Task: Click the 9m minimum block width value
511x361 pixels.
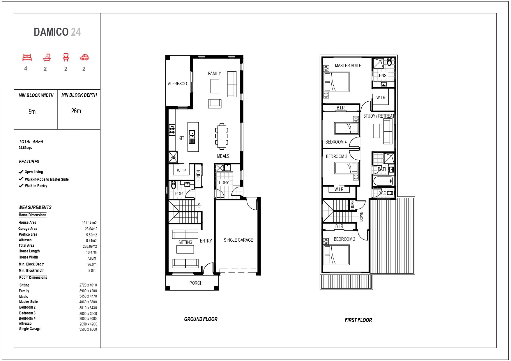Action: (x=32, y=112)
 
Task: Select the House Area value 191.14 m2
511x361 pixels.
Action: (x=89, y=223)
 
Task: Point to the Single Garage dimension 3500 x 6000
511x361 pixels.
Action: (x=88, y=329)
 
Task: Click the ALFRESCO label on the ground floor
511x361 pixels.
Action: (x=177, y=84)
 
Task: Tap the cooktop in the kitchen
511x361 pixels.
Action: (x=172, y=130)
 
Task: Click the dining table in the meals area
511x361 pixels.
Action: (x=222, y=135)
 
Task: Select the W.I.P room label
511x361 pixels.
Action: (x=181, y=171)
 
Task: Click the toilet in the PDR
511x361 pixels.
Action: (x=174, y=185)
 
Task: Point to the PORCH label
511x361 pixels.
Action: (x=196, y=283)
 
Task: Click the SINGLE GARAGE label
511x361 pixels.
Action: (x=238, y=240)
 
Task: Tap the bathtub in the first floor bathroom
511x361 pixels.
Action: (x=384, y=181)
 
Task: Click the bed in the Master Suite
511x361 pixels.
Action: (x=337, y=82)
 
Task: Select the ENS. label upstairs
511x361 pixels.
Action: (x=383, y=75)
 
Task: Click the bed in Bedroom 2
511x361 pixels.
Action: (x=337, y=255)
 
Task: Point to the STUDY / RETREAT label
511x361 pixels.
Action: (x=379, y=116)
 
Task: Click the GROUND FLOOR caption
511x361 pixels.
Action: (x=201, y=319)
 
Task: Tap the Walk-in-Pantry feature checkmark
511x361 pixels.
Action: (x=21, y=185)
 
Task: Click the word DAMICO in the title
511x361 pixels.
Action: (x=51, y=32)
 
